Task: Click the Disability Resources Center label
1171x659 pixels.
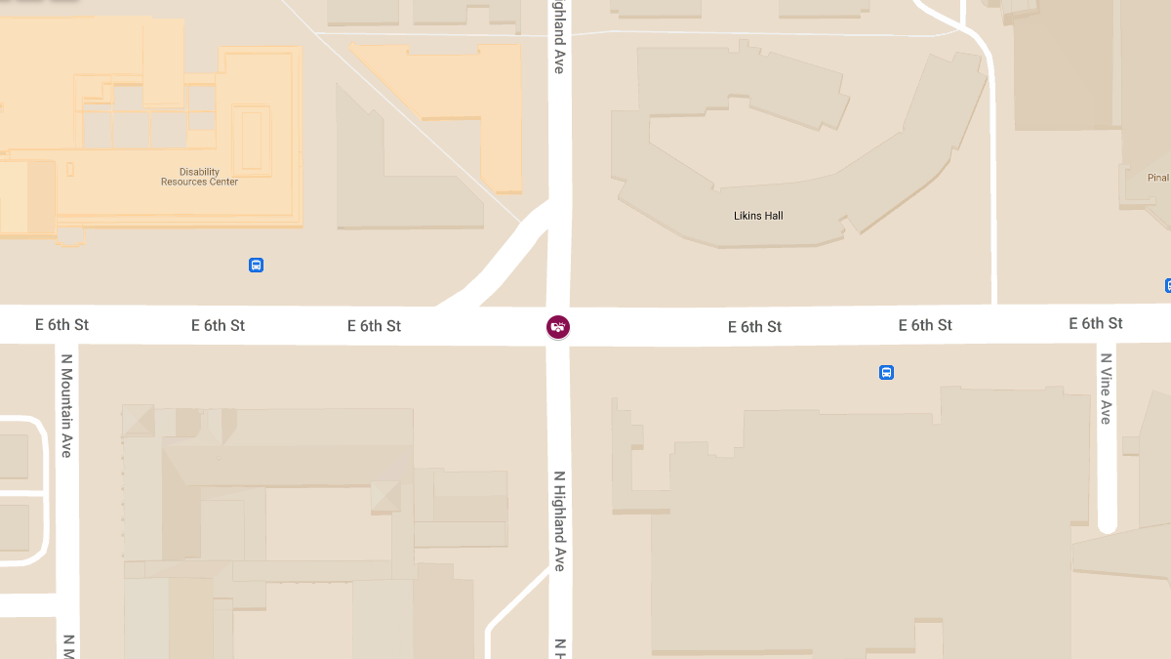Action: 199,177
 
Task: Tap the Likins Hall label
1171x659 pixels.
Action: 758,216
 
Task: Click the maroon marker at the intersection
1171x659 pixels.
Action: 558,327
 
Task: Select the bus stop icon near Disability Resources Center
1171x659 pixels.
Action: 256,265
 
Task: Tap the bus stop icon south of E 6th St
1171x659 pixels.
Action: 886,372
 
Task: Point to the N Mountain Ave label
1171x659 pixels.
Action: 67,405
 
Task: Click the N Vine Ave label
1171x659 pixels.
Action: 1106,389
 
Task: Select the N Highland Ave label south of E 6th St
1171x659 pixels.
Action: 559,521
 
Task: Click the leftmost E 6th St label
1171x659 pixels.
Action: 61,325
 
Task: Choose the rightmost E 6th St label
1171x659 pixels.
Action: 1095,323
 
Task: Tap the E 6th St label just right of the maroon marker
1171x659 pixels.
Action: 754,327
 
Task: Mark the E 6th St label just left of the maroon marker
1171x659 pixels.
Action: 374,326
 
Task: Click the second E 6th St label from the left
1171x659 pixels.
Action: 218,325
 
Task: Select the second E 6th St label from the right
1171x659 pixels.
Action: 925,324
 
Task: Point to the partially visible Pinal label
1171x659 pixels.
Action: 1157,178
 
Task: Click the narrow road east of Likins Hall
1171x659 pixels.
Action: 991,195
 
